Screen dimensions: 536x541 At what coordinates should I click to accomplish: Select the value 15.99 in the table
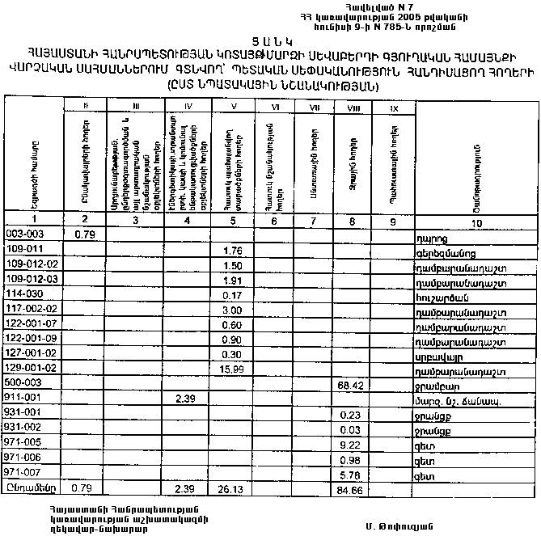pyautogui.click(x=231, y=368)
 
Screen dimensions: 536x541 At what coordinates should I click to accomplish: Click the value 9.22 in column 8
pyautogui.click(x=353, y=444)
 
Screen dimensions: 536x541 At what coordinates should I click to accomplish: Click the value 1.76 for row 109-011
pyautogui.click(x=233, y=249)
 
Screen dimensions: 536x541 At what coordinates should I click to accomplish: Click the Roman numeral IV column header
pyautogui.click(x=187, y=105)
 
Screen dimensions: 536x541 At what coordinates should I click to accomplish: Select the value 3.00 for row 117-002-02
pyautogui.click(x=233, y=309)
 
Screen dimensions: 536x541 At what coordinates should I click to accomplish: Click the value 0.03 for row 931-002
pyautogui.click(x=353, y=428)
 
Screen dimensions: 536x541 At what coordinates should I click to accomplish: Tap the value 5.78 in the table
pyautogui.click(x=353, y=473)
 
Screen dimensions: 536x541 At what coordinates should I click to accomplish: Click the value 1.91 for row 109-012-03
pyautogui.click(x=233, y=279)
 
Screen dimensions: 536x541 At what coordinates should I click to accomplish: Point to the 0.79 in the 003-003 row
pyautogui.click(x=86, y=234)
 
